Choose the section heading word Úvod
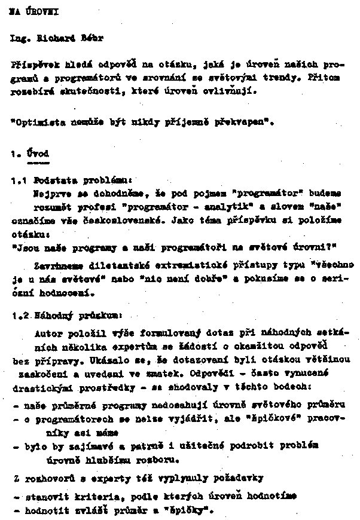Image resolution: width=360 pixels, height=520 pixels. coord(38,154)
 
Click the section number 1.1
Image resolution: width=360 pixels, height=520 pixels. coord(20,180)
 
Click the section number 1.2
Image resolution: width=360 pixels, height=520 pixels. coord(20,313)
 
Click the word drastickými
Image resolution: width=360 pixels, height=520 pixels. coord(38,387)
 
